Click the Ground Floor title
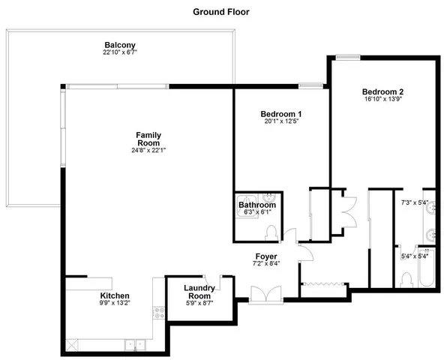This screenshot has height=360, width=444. (x=221, y=11)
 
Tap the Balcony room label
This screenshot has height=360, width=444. (x=119, y=44)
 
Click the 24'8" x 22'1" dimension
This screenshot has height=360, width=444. (x=148, y=150)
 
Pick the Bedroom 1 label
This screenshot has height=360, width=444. (x=281, y=114)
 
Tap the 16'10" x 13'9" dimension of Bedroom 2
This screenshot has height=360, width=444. (x=382, y=98)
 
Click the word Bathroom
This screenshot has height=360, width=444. (x=256, y=205)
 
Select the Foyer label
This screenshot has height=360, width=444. (x=265, y=256)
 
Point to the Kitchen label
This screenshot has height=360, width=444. (x=115, y=296)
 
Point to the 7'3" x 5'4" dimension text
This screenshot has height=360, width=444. (x=413, y=202)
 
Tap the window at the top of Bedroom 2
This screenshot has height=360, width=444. (x=346, y=57)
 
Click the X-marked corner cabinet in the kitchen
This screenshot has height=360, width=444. (x=72, y=345)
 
